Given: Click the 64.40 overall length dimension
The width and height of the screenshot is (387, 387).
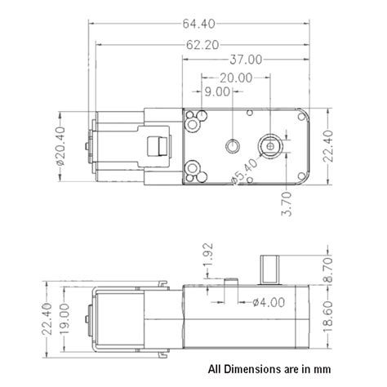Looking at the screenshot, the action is tap(198, 24).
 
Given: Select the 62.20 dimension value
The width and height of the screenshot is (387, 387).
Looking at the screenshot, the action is tap(202, 45).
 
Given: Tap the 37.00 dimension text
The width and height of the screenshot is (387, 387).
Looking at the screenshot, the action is tap(246, 60).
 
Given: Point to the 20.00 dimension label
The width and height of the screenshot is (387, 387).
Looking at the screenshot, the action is tap(236, 78).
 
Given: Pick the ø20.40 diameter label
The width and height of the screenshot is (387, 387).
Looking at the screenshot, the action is tap(60, 146).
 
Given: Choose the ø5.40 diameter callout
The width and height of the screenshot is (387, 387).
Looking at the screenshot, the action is tap(244, 171).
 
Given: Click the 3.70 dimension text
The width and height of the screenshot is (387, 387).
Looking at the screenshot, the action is tap(287, 204).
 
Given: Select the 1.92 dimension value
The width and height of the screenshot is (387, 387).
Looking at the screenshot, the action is tap(208, 256).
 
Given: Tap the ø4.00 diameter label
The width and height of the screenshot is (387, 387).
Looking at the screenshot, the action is tap(269, 302).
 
